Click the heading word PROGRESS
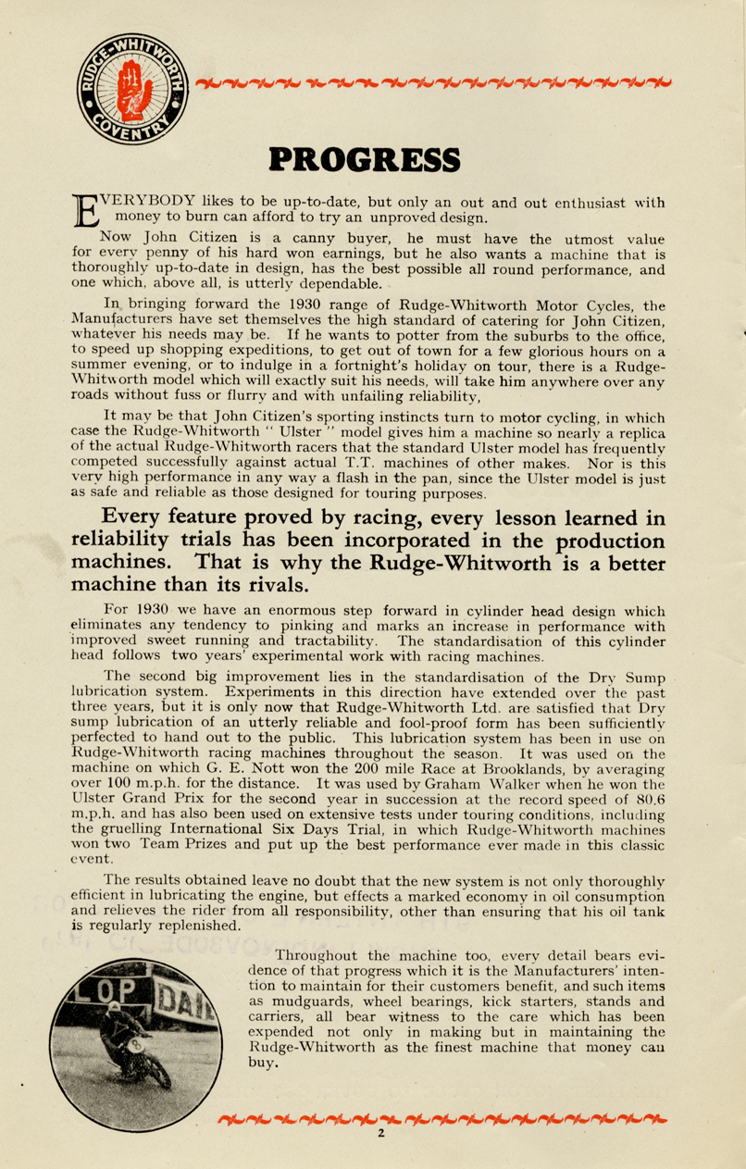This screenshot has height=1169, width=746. click(x=363, y=158)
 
